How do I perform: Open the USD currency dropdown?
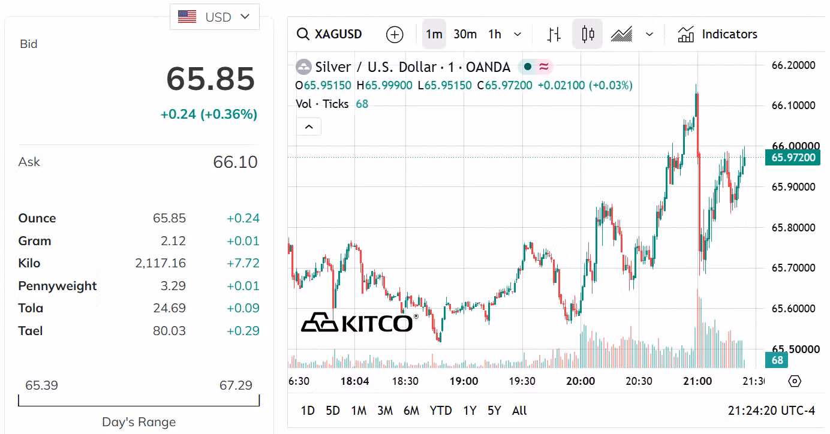click(215, 17)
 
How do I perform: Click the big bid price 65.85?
click(210, 79)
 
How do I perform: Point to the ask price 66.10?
click(235, 162)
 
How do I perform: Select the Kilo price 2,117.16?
click(160, 263)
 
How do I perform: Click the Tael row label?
click(31, 331)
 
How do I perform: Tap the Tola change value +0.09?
click(243, 308)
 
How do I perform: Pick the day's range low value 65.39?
click(41, 385)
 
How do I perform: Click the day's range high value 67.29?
click(236, 385)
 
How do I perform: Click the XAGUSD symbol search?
click(329, 34)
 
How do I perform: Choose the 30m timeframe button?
click(465, 34)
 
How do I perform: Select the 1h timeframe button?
click(495, 34)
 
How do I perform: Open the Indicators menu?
click(717, 34)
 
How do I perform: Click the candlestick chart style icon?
click(587, 34)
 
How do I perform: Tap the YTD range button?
click(441, 411)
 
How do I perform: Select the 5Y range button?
click(494, 411)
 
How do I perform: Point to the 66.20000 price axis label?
click(793, 65)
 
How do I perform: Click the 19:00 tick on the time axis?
click(464, 381)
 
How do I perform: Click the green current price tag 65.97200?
click(793, 158)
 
